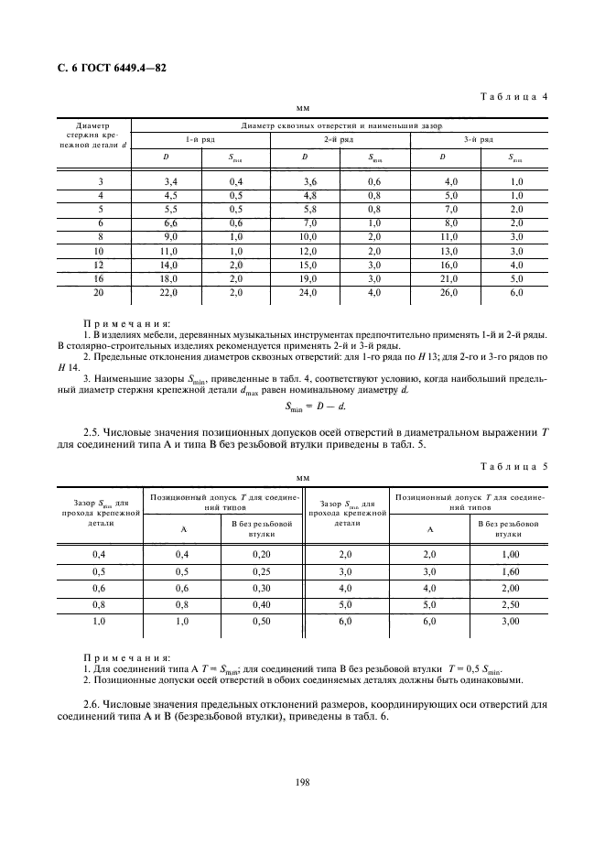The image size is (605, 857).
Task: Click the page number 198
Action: [x=301, y=780]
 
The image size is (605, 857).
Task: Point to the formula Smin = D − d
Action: [x=301, y=407]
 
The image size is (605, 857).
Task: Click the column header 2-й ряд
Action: [x=339, y=139]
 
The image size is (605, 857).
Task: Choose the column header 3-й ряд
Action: [x=479, y=139]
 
